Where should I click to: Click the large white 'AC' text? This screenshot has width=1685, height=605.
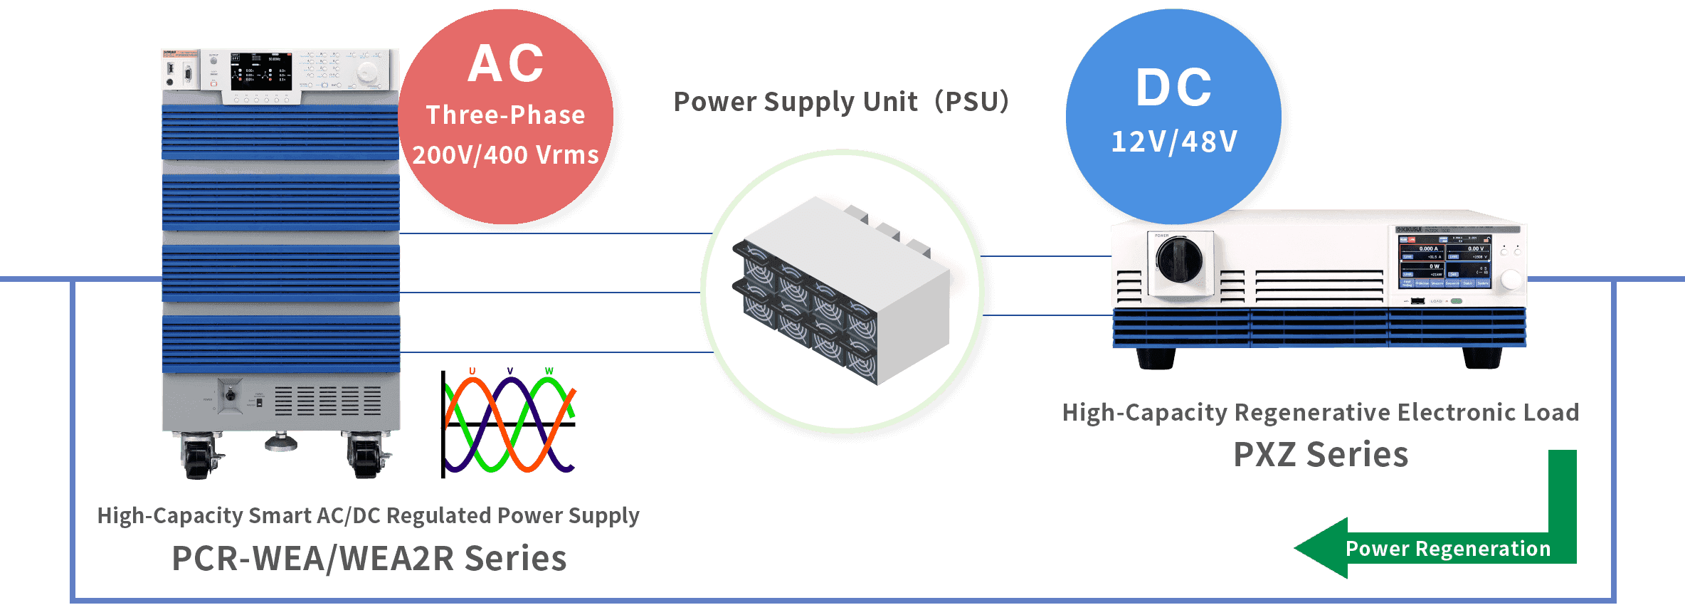(506, 64)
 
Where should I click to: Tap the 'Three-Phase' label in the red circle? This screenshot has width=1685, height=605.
(506, 115)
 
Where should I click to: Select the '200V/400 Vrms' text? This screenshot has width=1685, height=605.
(506, 155)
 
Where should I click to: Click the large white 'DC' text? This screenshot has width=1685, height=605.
(1174, 88)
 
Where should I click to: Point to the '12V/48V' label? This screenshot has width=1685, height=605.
(1175, 142)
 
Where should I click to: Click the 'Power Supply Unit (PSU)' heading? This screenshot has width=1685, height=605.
(841, 102)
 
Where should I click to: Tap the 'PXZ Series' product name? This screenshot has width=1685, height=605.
(1321, 454)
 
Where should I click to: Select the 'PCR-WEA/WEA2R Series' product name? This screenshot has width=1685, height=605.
(369, 558)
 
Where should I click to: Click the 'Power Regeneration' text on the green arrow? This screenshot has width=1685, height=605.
(1447, 549)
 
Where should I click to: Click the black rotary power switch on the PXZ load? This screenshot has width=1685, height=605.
(1179, 259)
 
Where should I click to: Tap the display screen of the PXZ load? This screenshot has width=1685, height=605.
(1444, 261)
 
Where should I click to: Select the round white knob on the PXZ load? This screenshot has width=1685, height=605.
(1511, 280)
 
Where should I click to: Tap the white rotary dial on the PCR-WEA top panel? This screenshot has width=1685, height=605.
(367, 72)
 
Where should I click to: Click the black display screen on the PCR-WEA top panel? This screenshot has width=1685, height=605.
(260, 70)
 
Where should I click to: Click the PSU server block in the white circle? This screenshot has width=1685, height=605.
(841, 292)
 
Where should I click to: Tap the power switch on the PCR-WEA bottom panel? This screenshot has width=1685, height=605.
(230, 396)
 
